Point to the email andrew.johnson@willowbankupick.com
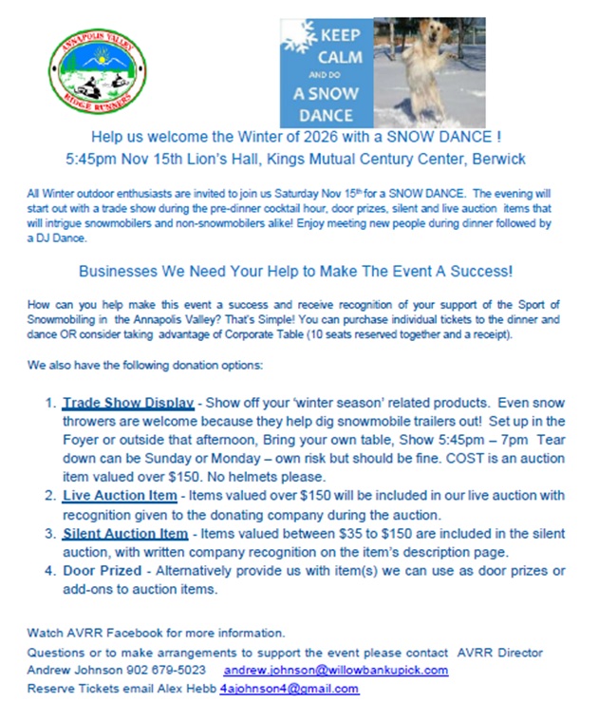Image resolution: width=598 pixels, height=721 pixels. click(x=336, y=670)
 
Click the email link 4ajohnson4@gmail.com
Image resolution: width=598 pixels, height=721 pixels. click(x=290, y=688)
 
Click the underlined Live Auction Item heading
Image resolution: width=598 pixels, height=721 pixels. click(x=120, y=495)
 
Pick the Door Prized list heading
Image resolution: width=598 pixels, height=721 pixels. click(x=103, y=570)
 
